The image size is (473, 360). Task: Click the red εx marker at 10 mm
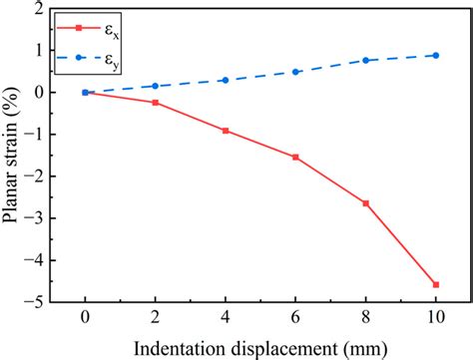click(435, 284)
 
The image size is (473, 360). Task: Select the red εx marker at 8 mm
click(365, 203)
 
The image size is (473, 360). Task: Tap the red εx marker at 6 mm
click(295, 157)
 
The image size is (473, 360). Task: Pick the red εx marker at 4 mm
click(226, 131)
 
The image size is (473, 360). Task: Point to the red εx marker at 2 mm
click(155, 103)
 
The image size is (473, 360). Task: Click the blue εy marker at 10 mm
click(435, 55)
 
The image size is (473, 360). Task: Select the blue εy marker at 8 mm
click(365, 61)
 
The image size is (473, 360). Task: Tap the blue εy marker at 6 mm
click(295, 72)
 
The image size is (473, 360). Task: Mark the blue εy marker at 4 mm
click(226, 80)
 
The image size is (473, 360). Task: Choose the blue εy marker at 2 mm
click(155, 86)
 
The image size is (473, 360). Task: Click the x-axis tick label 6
click(295, 319)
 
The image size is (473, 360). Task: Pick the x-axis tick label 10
click(435, 319)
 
